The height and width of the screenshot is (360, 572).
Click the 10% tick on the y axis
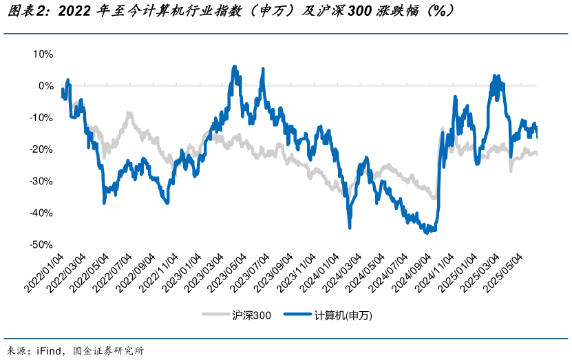43,54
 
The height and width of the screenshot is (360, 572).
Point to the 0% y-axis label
45,85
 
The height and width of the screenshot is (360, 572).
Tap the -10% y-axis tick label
41,118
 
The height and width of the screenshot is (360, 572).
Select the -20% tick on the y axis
41,149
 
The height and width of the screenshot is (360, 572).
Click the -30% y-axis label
41,181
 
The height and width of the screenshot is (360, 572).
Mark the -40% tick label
41,213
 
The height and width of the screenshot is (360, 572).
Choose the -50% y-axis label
41,244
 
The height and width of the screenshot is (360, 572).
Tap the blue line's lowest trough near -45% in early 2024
350,227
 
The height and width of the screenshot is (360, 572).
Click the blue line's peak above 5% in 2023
234,67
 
